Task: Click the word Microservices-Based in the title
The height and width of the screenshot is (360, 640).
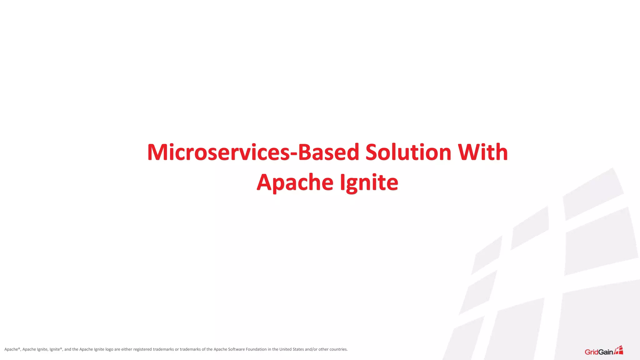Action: click(x=253, y=152)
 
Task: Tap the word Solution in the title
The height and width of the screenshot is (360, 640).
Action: click(x=408, y=152)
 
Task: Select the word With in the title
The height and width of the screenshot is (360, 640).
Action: click(x=483, y=152)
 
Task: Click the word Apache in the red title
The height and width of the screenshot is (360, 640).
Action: click(x=295, y=182)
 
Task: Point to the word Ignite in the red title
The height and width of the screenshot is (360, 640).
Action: click(x=369, y=182)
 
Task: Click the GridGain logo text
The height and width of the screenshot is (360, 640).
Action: click(x=598, y=352)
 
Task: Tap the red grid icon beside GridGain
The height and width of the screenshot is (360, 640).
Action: click(x=619, y=350)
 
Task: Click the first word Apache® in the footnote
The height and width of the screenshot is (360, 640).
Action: click(x=12, y=349)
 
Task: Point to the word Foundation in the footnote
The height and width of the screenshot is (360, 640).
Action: click(x=256, y=349)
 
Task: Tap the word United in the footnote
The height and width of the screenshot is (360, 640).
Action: click(x=285, y=349)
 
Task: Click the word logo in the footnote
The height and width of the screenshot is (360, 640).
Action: click(x=109, y=349)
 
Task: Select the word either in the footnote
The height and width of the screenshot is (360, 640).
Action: click(x=127, y=349)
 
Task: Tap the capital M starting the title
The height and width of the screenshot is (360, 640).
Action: click(x=158, y=152)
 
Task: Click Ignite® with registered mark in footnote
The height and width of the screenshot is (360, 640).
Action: click(x=56, y=349)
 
